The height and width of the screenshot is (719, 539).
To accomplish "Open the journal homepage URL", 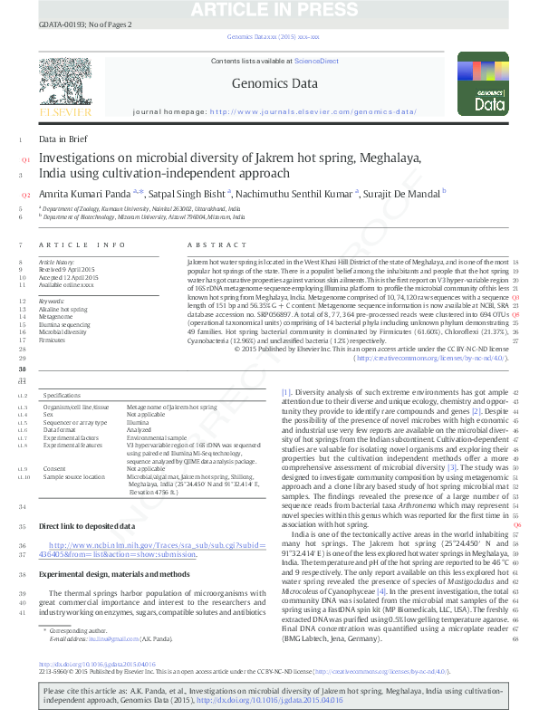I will [x=313, y=111].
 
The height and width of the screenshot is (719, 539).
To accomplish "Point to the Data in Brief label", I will [x=63, y=139].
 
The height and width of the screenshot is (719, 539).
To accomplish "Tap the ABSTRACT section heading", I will [x=211, y=245].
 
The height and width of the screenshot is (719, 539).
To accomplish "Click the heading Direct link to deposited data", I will [x=87, y=525].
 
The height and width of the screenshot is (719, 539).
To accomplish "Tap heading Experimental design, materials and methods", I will [x=114, y=574].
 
